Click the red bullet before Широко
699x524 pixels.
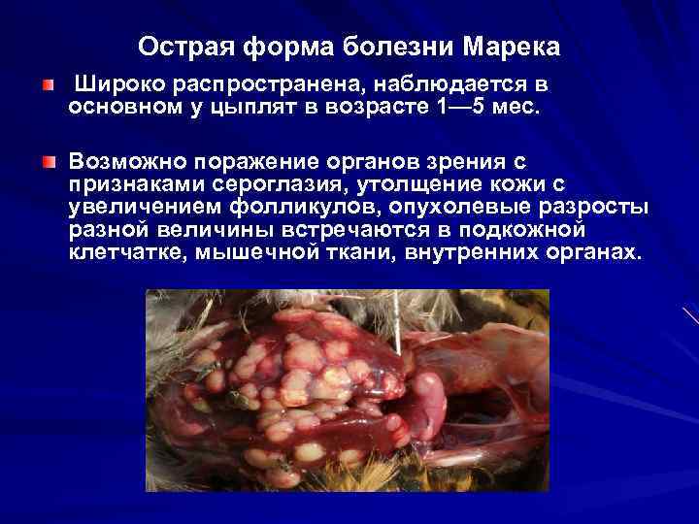pyautogui.click(x=49, y=84)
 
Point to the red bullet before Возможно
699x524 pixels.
pyautogui.click(x=49, y=160)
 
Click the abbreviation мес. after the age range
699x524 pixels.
pyautogui.click(x=513, y=106)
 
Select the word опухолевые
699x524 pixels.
pyautogui.click(x=474, y=207)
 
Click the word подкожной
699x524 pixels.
pyautogui.click(x=528, y=230)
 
